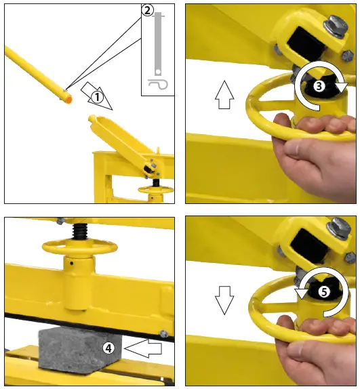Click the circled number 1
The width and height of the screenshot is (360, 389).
(x=97, y=97)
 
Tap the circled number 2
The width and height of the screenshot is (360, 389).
(x=147, y=10)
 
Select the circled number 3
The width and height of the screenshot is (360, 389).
(x=319, y=86)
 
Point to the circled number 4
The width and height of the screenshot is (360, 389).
(x=108, y=348)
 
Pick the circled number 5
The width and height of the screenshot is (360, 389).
(x=324, y=292)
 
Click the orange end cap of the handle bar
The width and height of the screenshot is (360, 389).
(x=68, y=100)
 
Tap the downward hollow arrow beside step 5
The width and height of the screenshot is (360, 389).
(x=224, y=300)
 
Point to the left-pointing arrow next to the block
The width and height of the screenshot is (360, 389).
(x=142, y=348)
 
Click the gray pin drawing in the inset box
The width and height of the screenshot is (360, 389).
(x=158, y=44)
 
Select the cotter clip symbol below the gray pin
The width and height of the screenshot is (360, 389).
(x=158, y=84)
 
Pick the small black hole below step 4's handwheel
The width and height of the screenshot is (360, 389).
(x=71, y=263)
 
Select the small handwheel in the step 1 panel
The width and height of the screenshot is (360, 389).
(x=155, y=190)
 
